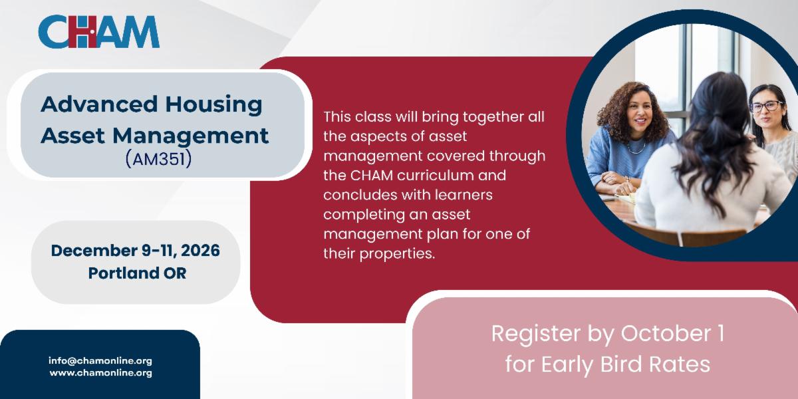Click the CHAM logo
click(98, 31)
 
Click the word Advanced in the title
click(99, 104)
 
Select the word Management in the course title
click(191, 136)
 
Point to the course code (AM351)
click(158, 158)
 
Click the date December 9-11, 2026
click(136, 251)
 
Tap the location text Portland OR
click(137, 273)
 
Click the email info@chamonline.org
click(100, 360)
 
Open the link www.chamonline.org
click(101, 373)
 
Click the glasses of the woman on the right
click(767, 106)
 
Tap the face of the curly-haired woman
click(640, 113)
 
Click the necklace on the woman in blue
click(636, 147)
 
